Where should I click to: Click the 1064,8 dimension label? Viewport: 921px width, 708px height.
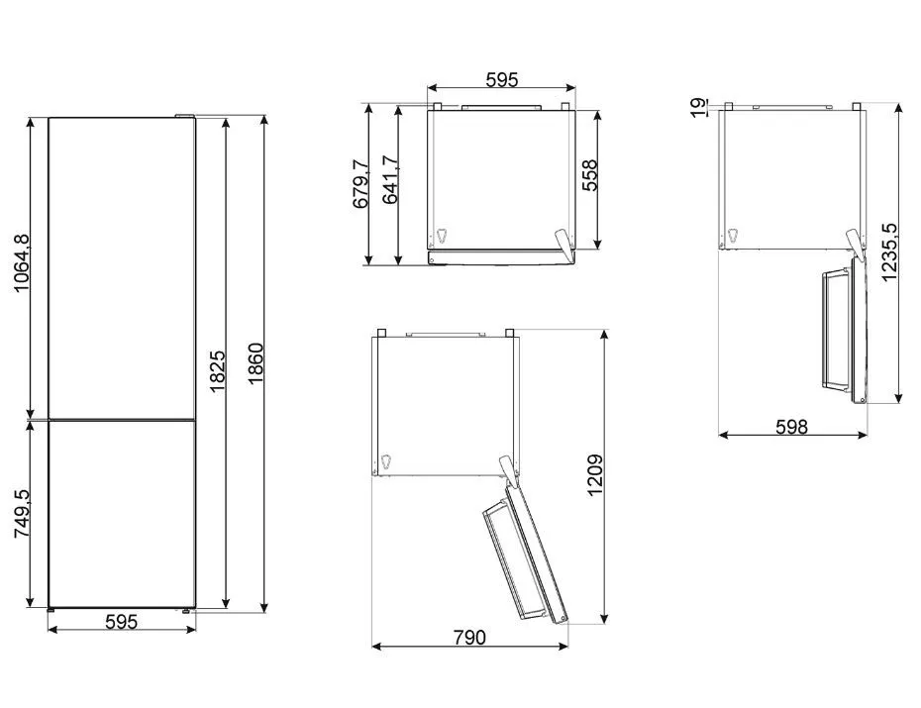click(x=21, y=262)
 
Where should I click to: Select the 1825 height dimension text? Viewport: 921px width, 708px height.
click(x=217, y=371)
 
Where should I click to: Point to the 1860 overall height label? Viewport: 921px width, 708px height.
click(x=256, y=364)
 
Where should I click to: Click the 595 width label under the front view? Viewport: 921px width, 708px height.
click(x=121, y=621)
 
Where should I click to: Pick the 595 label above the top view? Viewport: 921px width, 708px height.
click(x=502, y=79)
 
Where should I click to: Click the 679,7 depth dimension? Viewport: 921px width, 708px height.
click(x=360, y=183)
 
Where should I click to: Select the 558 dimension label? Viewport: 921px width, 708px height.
click(x=589, y=175)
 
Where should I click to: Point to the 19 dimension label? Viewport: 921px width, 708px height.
click(x=699, y=107)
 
